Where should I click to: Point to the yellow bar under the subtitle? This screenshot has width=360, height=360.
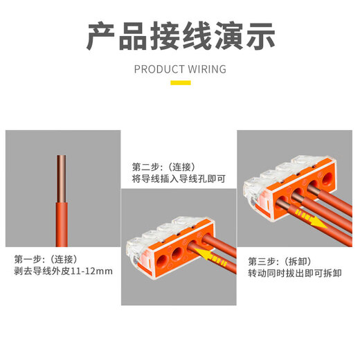tap(180, 82)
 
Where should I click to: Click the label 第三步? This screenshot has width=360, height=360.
tap(264, 261)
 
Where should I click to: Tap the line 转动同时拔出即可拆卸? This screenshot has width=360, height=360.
tap(295, 273)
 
